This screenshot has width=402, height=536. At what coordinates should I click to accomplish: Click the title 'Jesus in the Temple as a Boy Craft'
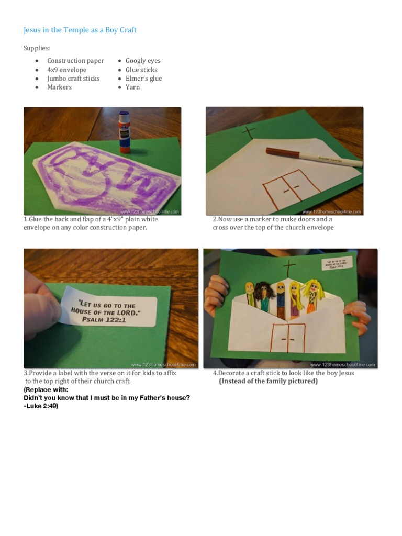click(x=80, y=30)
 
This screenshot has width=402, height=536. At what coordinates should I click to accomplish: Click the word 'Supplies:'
click(x=37, y=48)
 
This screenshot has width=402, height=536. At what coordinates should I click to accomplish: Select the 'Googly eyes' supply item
click(x=143, y=61)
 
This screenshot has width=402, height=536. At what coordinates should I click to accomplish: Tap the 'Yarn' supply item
click(x=132, y=87)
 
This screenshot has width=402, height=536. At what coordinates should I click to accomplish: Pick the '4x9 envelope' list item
click(x=66, y=70)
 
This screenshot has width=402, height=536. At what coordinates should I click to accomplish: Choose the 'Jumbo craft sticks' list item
click(x=73, y=79)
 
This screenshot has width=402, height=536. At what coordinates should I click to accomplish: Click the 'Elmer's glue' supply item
click(x=143, y=79)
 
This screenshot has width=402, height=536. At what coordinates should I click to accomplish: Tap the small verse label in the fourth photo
click(x=337, y=263)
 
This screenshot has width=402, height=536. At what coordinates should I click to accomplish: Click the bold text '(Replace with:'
click(x=46, y=390)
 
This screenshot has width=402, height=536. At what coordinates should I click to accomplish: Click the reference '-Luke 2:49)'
click(x=41, y=406)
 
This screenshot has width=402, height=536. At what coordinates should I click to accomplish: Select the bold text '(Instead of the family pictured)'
click(x=268, y=381)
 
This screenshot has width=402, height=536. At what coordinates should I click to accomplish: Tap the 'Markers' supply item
click(x=59, y=87)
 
